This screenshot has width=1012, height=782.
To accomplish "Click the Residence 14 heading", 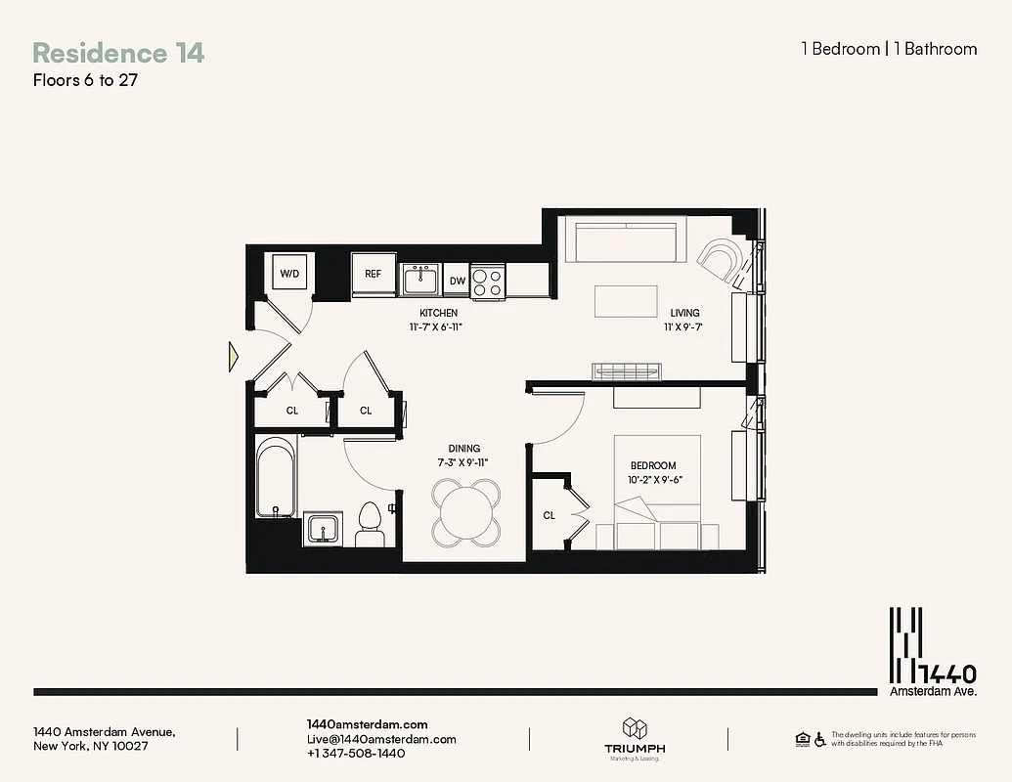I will click(118, 53).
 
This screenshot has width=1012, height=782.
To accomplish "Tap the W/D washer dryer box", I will click(290, 274).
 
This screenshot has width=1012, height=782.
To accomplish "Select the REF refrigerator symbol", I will click(373, 274).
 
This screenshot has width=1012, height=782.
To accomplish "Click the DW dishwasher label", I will click(457, 282).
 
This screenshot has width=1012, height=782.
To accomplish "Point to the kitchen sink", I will click(421, 280).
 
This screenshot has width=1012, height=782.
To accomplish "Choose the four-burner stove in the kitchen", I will click(487, 282).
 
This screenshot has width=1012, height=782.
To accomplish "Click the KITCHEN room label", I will click(439, 313).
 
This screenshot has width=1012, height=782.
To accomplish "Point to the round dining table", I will click(466, 511).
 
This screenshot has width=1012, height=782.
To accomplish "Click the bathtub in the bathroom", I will click(274, 479).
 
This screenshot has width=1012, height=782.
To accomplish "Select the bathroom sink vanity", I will click(322, 529).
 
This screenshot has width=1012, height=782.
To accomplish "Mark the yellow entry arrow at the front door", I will click(233, 356).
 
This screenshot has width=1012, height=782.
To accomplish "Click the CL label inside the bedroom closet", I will click(550, 515).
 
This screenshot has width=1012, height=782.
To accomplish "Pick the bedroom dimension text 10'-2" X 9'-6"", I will click(654, 480).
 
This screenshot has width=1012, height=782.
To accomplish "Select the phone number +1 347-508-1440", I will click(356, 754).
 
